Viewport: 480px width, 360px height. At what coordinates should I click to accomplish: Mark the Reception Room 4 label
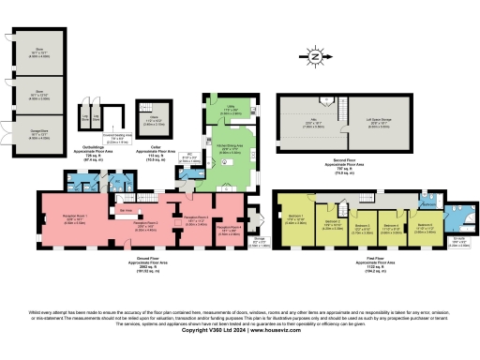229,226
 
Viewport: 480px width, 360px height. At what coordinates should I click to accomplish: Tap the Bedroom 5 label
424,225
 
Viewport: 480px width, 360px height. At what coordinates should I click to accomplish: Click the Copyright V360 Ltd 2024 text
240,329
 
